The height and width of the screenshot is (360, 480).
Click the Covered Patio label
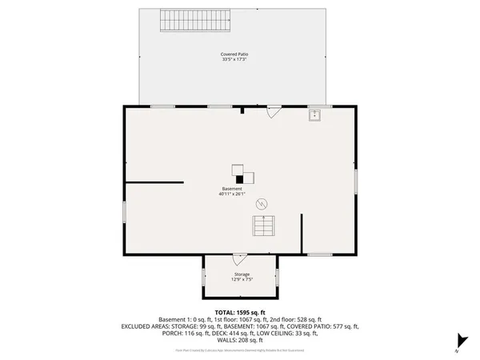click(x=234, y=54)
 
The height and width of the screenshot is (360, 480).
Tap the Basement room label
click(x=232, y=189)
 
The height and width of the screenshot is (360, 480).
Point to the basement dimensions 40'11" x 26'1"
click(x=232, y=194)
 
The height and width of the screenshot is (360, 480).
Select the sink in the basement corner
click(x=315, y=115)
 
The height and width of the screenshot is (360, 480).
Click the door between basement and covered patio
click(x=273, y=112)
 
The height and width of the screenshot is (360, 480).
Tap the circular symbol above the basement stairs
click(x=261, y=205)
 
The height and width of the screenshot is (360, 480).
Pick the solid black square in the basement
click(x=238, y=179)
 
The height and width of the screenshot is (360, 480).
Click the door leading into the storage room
click(x=238, y=259)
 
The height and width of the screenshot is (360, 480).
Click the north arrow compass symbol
click(x=458, y=342)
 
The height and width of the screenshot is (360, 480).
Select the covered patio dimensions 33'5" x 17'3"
click(x=234, y=60)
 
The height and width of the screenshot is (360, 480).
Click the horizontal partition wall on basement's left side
click(x=154, y=182)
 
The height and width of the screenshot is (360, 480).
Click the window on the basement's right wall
click(x=356, y=181)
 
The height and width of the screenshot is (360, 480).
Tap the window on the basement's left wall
click(x=124, y=211)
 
